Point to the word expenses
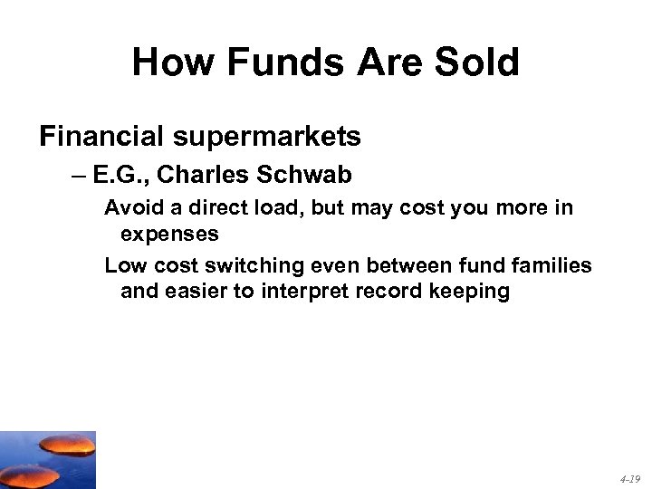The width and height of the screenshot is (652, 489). tap(169, 234)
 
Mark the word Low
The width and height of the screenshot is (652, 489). tap(123, 266)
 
